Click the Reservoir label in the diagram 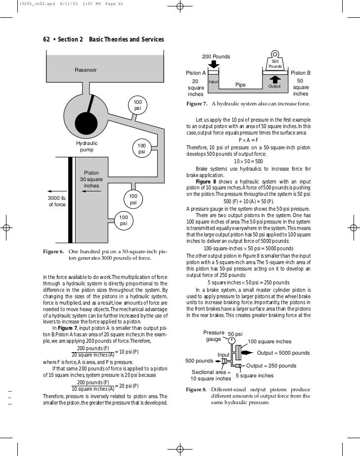(x=86, y=70)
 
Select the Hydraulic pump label (x=87, y=146)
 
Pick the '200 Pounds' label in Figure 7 (x=216, y=57)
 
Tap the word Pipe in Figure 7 (x=241, y=85)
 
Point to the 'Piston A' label (x=195, y=73)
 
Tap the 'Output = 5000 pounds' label (x=283, y=353)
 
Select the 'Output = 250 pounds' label (x=271, y=366)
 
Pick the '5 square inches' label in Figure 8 (x=255, y=376)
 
